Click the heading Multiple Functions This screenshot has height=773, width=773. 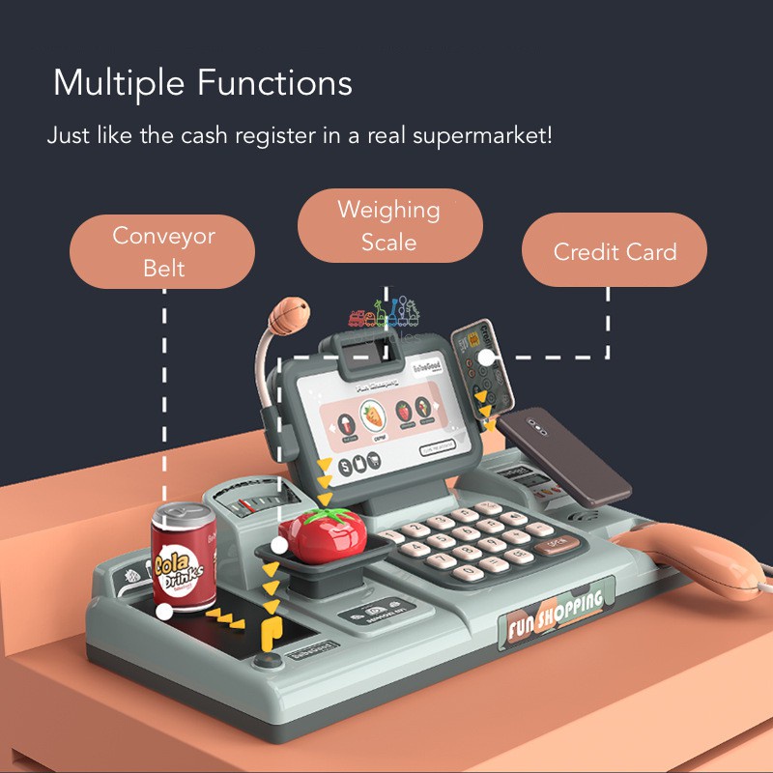click(x=202, y=83)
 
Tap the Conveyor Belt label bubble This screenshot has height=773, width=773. click(x=163, y=251)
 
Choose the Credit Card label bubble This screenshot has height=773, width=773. click(x=614, y=252)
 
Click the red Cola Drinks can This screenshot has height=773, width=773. click(x=184, y=560)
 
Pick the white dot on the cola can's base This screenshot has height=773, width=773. click(x=164, y=611)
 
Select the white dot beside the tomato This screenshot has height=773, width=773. click(x=279, y=545)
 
